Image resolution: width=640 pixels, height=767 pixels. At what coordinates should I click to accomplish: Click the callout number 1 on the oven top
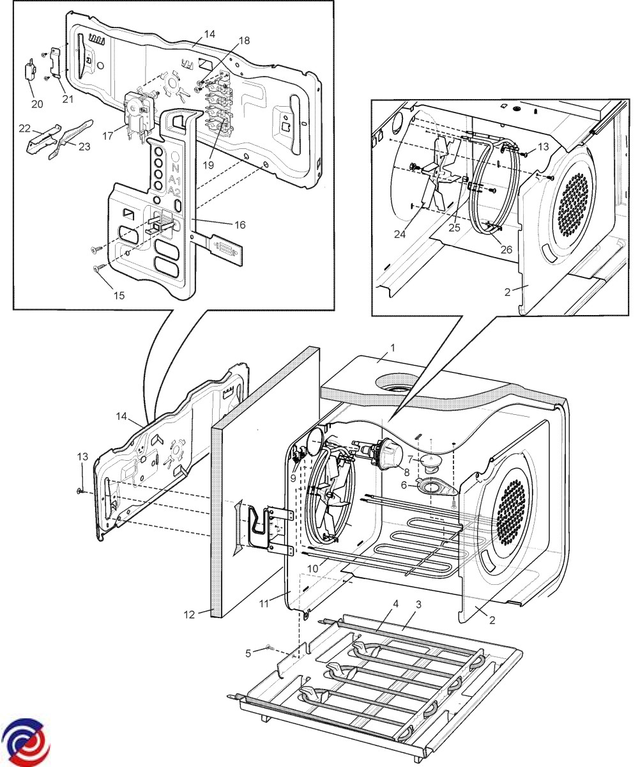(x=393, y=348)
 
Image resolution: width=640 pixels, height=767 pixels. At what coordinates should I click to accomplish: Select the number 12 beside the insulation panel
(x=188, y=614)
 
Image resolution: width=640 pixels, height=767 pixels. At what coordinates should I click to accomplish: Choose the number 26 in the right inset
(x=506, y=249)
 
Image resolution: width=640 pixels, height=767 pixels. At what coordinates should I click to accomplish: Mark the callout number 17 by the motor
(x=107, y=136)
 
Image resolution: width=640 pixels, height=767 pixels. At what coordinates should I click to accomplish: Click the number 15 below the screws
(x=119, y=295)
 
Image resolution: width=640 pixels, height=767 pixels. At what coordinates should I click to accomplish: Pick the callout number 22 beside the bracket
(x=24, y=128)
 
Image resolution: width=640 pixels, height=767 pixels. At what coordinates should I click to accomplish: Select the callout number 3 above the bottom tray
(x=418, y=604)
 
